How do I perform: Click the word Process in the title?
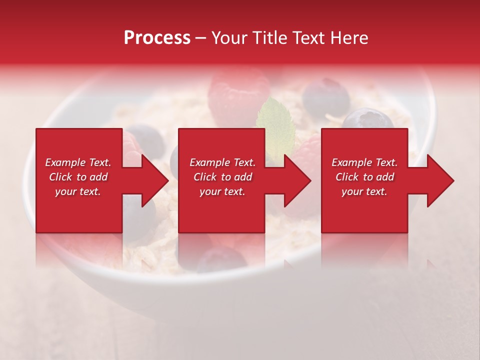157,38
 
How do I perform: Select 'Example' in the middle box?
206,162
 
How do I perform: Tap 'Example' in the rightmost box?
348,162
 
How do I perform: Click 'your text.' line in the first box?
78,191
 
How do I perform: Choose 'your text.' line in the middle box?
222,191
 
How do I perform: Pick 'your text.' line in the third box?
364,191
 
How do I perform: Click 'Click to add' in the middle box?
222,177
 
